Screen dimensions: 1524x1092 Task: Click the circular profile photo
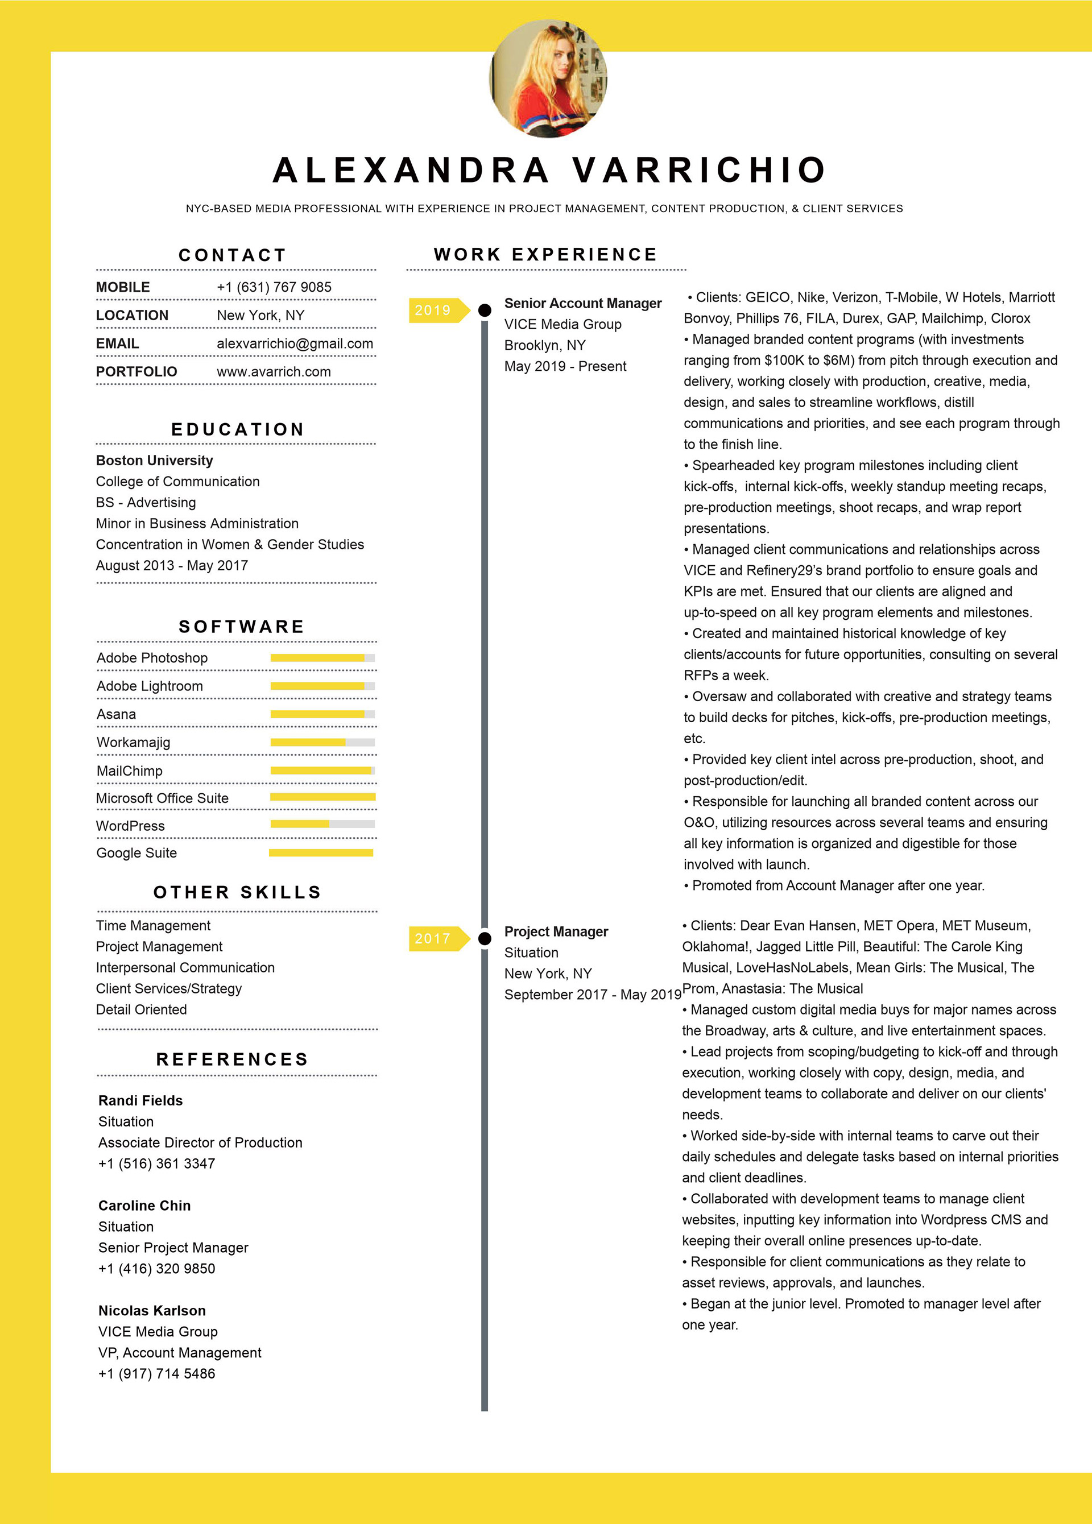(x=548, y=78)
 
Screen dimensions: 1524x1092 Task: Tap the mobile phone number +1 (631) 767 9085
(x=274, y=287)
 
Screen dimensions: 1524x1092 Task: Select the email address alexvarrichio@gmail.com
(x=295, y=343)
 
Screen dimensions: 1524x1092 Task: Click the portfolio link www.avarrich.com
(x=274, y=371)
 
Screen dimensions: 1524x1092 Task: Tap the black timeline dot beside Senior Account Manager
(x=485, y=310)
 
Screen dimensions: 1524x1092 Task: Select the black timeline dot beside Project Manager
(x=485, y=939)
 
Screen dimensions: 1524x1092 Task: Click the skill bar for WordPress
(x=322, y=824)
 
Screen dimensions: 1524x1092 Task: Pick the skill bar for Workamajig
(x=322, y=743)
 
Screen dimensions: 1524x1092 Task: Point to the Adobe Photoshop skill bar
(x=322, y=658)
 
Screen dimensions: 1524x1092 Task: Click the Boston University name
(x=155, y=460)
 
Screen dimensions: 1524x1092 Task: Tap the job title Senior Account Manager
(x=582, y=303)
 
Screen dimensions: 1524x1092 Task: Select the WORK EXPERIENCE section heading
(x=545, y=255)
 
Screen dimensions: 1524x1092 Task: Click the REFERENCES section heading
(x=233, y=1059)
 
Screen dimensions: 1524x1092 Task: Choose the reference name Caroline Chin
(x=144, y=1206)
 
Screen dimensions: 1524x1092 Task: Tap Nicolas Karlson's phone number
(x=156, y=1373)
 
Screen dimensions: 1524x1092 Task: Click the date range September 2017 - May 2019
(x=593, y=995)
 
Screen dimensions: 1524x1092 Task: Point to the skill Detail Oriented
(x=141, y=1009)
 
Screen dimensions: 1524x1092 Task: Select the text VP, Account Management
(x=179, y=1353)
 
